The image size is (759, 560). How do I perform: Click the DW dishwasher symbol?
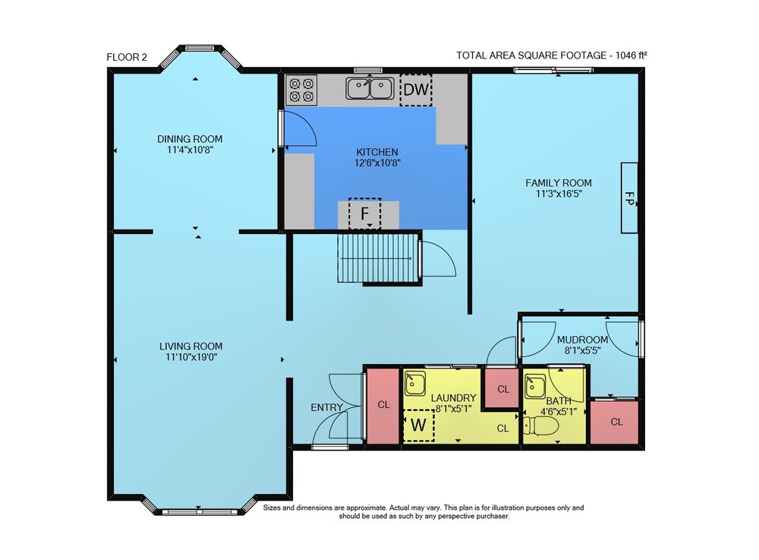pos(416,90)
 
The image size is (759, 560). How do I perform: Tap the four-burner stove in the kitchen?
pos(301,90)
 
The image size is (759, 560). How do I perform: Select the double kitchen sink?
pos(370,88)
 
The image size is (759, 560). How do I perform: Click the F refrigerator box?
pos(364,214)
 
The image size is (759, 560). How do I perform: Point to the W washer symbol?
pos(419,426)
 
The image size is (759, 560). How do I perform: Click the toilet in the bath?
pos(541,426)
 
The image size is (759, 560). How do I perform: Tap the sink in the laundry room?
pos(415,384)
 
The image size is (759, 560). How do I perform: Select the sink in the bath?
pos(535,386)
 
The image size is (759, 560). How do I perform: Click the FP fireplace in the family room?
pos(629,198)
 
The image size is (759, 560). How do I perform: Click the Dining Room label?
pos(190,139)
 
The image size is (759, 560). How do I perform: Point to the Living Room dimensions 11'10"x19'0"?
pos(191,357)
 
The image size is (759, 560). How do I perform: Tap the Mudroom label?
pos(582,340)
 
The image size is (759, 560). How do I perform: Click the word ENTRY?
pos(326,407)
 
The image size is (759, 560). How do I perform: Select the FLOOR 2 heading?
pos(127,57)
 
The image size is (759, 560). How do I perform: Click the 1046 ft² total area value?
pos(631,55)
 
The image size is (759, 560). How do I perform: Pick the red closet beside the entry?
pos(383,406)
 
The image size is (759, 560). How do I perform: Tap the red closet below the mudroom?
pos(615,422)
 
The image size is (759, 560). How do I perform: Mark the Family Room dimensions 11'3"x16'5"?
pos(559,194)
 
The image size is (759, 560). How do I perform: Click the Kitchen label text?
pos(377,152)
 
